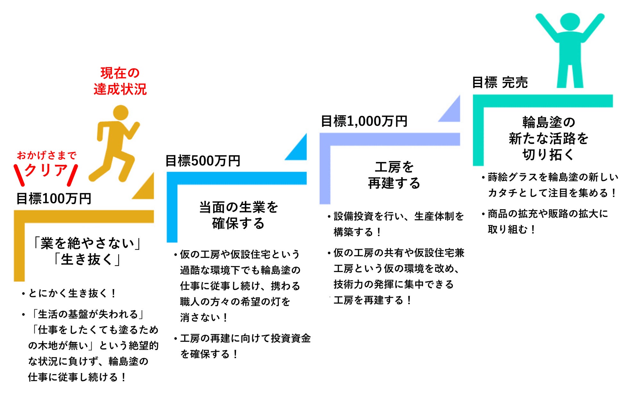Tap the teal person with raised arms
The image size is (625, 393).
[x=570, y=51]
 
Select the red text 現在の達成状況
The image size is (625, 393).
[x=120, y=81]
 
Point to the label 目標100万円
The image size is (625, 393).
[x=54, y=199]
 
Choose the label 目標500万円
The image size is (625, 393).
[x=203, y=161]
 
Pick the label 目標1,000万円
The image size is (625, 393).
[x=364, y=121]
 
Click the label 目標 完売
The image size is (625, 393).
[x=500, y=82]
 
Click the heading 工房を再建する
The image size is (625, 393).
[x=394, y=175]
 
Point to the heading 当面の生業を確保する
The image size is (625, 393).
[x=238, y=215]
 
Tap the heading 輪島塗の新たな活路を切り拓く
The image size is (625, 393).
[x=548, y=138]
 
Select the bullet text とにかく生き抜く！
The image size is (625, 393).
[x=72, y=293]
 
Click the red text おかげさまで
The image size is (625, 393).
[x=46, y=156]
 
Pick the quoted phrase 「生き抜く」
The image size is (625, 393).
[x=87, y=260]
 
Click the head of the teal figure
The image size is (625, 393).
[x=570, y=22]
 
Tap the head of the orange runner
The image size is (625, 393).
[x=121, y=113]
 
